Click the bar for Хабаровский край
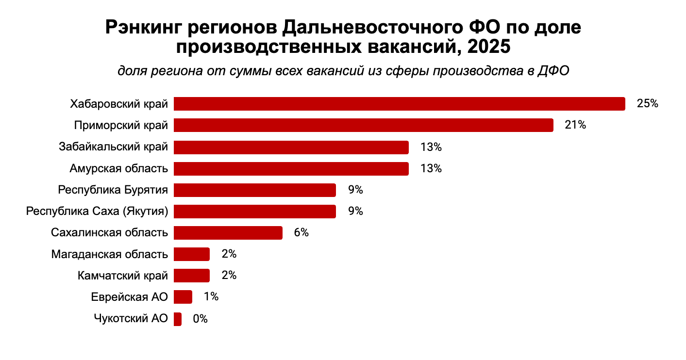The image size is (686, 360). click(399, 104)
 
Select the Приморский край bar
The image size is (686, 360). click(363, 125)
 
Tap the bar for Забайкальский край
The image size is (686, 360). click(291, 147)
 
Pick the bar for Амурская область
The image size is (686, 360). click(291, 168)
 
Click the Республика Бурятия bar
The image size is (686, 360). click(254, 190)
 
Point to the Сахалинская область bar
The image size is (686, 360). click(228, 232)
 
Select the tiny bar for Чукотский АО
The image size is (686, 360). click(178, 319)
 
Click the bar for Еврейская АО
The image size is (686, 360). click(183, 296)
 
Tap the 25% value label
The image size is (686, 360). click(647, 104)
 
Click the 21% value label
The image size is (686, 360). click(575, 125)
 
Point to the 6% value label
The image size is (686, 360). click(301, 232)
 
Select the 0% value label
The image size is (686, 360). click(200, 319)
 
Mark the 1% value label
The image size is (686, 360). click(211, 296)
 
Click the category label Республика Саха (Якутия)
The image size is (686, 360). click(97, 212)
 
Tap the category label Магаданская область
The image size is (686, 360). click(110, 254)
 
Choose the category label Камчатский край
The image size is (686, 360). click(123, 276)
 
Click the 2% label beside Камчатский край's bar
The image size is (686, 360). click(229, 276)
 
